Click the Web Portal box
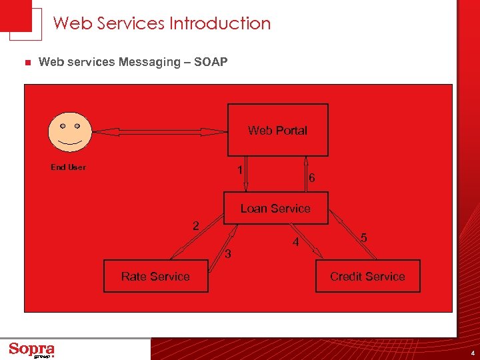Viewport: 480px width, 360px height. pos(278,130)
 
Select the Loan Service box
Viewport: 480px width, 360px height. pos(275,209)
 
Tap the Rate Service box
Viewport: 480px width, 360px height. pos(155,277)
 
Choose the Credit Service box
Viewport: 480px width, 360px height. pos(367,277)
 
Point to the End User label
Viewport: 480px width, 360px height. pos(68,167)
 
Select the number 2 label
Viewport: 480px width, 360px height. pos(195,226)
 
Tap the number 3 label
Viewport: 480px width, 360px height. pos(228,254)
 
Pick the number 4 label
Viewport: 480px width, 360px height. pos(295,243)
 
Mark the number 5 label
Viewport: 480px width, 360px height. pos(363,238)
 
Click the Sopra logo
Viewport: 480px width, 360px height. pos(32,350)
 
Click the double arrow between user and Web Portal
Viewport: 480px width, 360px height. pos(159,132)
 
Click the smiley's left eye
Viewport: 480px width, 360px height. pos(62,125)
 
